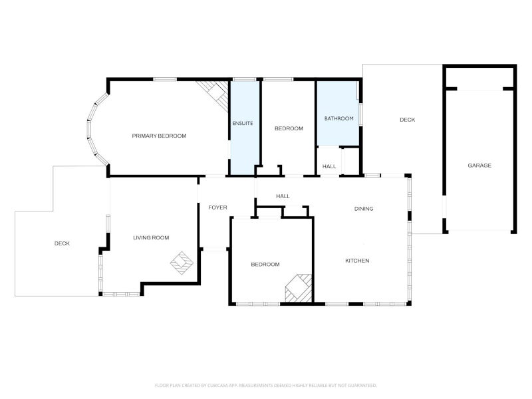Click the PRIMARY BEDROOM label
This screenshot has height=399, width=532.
pos(159,136)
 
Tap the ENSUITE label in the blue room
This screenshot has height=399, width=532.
pos(242,124)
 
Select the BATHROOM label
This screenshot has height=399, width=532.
pos(338,118)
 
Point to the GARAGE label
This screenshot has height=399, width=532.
pos(479,166)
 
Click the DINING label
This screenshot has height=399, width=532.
pos(363,209)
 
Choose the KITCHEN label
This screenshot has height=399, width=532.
pos(357,261)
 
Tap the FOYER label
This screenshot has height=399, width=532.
pos(217,207)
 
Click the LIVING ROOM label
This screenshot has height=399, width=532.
pos(151,237)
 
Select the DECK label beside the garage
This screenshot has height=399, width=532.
pos(407,120)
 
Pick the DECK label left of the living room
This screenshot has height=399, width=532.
pos(62,243)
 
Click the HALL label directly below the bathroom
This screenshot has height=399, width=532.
pos(329,166)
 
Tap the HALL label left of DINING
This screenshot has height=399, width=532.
pos(283,196)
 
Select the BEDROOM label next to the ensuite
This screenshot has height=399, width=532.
pos(289,128)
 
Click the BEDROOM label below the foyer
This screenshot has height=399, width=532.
pos(265,265)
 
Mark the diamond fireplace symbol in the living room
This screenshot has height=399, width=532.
pos(181,262)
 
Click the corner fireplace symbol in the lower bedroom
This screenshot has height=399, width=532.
pos(299,287)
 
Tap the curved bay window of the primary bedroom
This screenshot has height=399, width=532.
pos(96,128)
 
